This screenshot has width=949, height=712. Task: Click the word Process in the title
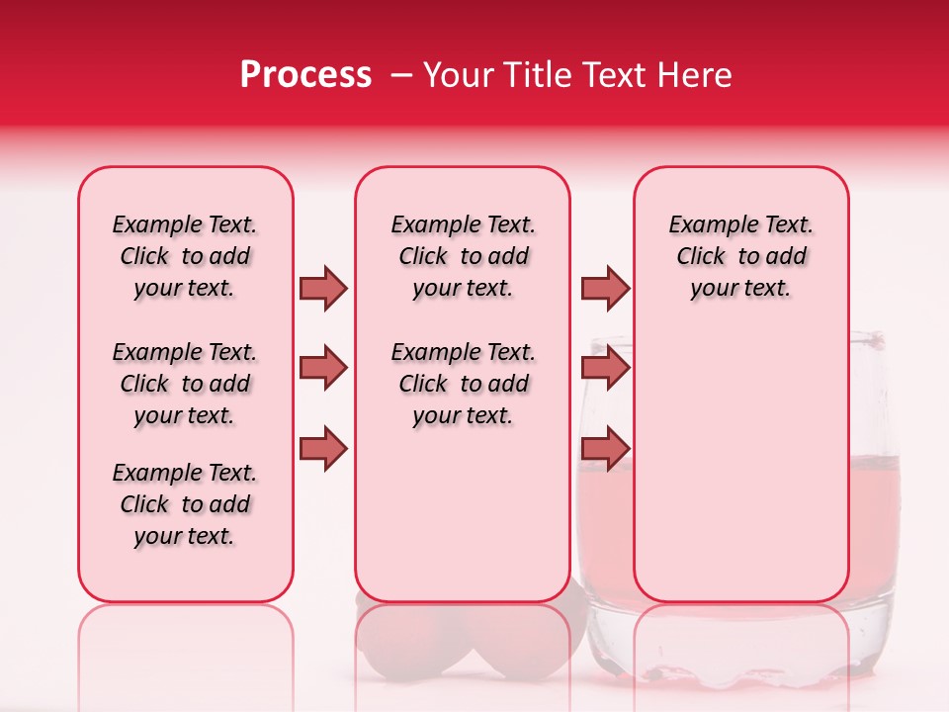pyautogui.click(x=305, y=75)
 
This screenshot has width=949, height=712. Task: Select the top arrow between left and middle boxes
pyautogui.click(x=323, y=288)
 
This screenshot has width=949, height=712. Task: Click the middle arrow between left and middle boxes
pyautogui.click(x=323, y=368)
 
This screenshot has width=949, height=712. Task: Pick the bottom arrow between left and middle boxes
pyautogui.click(x=323, y=449)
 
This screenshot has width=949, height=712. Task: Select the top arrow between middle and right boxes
pyautogui.click(x=604, y=288)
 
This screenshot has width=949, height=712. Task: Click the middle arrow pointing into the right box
pyautogui.click(x=604, y=368)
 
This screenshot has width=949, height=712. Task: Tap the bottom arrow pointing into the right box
pyautogui.click(x=604, y=449)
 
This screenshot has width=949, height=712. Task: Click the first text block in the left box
pyautogui.click(x=185, y=256)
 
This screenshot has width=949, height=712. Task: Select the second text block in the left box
pyautogui.click(x=185, y=384)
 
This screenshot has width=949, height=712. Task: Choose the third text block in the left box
pyautogui.click(x=185, y=504)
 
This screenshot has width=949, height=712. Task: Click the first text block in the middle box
pyautogui.click(x=463, y=256)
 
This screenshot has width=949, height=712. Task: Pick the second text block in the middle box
pyautogui.click(x=463, y=384)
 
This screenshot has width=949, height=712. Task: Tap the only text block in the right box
pyautogui.click(x=740, y=256)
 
